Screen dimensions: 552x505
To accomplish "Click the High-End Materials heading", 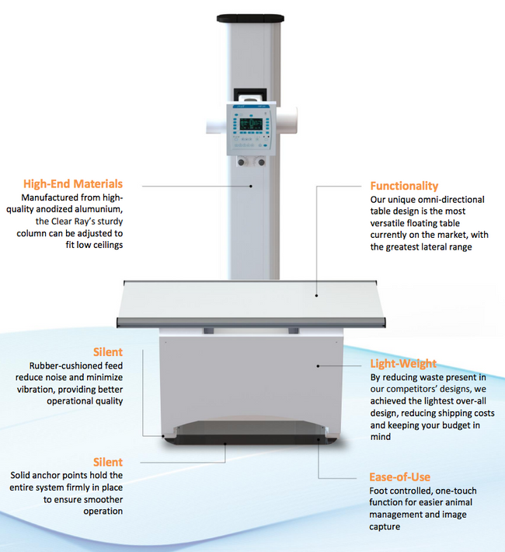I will [73, 184].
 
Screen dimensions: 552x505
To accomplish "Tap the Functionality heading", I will [404, 186].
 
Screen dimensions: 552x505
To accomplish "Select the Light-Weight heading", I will [403, 363].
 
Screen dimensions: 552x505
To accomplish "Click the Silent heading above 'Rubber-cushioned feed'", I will [107, 351].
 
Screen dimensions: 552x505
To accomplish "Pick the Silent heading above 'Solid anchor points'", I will [107, 462].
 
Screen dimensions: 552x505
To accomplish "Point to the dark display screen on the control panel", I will [252, 125].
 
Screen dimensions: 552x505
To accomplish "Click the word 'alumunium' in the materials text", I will [98, 210].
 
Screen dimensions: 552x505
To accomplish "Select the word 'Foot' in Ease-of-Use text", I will [381, 491].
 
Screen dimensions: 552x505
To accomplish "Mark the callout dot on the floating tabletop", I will [317, 295].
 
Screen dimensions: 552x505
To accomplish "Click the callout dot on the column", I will [251, 185].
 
